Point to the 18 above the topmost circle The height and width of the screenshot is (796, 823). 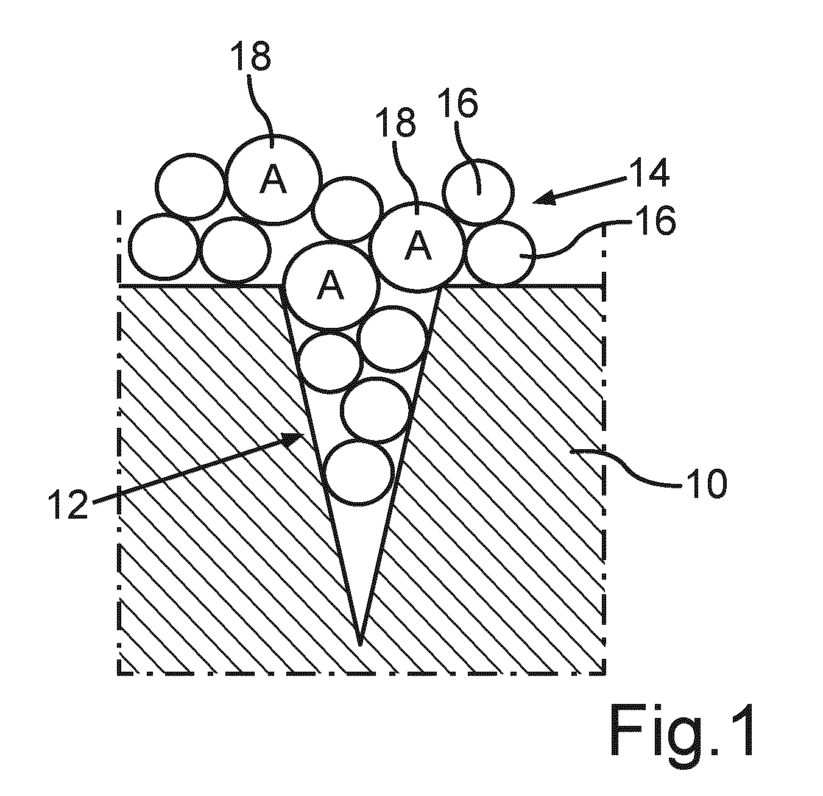251,57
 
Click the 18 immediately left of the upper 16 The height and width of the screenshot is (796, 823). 398,123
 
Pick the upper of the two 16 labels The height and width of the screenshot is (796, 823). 459,103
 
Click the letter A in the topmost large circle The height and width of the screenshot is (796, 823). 273,179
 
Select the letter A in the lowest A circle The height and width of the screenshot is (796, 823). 330,285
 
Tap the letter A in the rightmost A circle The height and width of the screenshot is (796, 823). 418,245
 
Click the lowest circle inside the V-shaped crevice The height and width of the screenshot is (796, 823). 359,472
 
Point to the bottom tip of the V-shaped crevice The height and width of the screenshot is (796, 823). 360,645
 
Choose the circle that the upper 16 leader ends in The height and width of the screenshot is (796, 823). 478,192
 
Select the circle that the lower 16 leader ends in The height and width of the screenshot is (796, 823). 500,254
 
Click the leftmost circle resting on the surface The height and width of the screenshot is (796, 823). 164,247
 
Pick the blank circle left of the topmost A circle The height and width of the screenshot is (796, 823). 191,187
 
